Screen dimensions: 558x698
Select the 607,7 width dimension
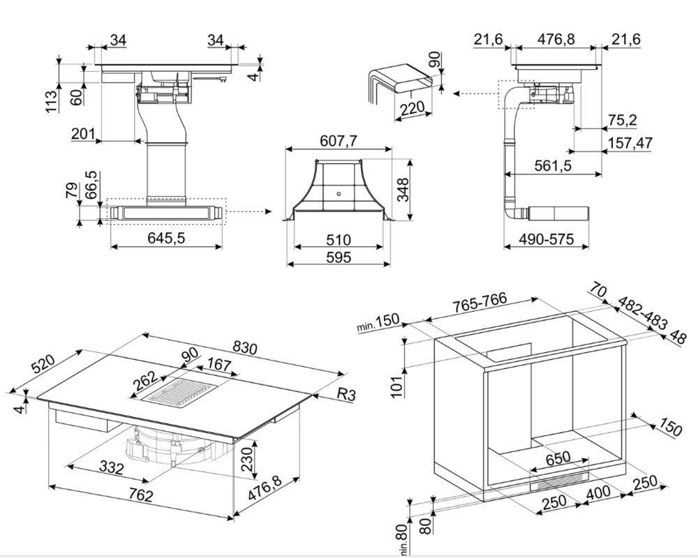pos(339,142)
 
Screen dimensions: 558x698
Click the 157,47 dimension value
pos(630,143)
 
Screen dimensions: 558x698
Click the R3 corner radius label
pos(346,395)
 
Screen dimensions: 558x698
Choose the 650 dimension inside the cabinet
pos(558,458)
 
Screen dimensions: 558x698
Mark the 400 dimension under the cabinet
pos(599,492)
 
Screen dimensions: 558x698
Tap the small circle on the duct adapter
pos(339,193)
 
